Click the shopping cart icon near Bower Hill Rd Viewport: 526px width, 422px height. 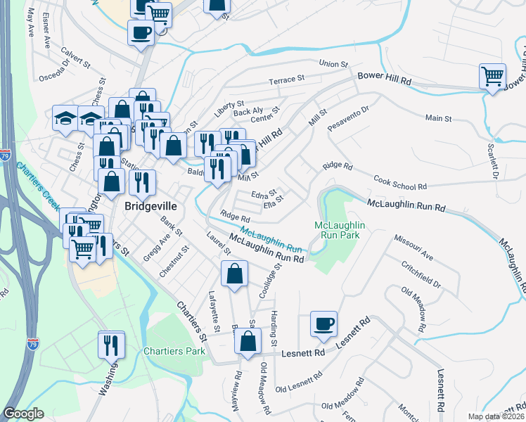[x=492, y=75]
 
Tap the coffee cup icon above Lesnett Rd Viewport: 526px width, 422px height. [x=323, y=323]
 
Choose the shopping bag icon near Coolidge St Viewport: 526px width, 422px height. [x=233, y=274]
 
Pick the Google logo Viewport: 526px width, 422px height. [x=23, y=414]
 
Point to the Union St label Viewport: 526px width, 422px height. [x=333, y=64]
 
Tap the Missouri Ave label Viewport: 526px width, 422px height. [x=413, y=248]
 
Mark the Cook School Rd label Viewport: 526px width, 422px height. [x=400, y=183]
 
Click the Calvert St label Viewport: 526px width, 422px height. [x=77, y=57]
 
